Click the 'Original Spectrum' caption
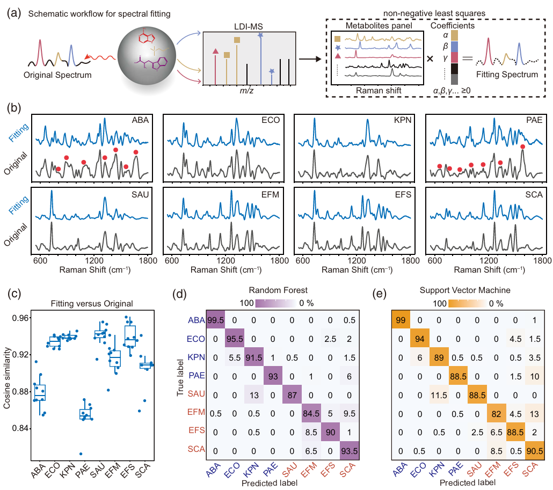[x=57, y=75]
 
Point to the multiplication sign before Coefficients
[x=430, y=58]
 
